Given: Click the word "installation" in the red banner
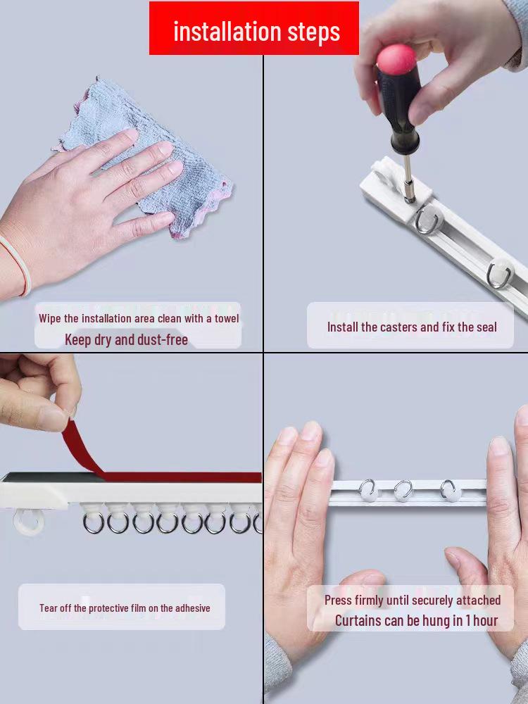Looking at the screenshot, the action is point(227,32).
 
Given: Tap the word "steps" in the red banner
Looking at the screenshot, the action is point(314,33).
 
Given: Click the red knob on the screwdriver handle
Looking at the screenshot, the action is point(396,59).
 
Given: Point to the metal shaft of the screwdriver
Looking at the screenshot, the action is point(408,177).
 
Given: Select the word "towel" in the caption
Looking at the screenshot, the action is point(227,318).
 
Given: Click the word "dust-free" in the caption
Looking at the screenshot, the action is point(163,340).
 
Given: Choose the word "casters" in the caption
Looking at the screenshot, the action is point(401,327).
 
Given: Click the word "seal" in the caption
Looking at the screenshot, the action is point(486,327).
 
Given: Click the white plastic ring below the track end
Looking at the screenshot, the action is point(29,522).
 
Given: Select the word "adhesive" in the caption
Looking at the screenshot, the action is point(192,608).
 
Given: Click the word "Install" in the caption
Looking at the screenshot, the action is point(343,327).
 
